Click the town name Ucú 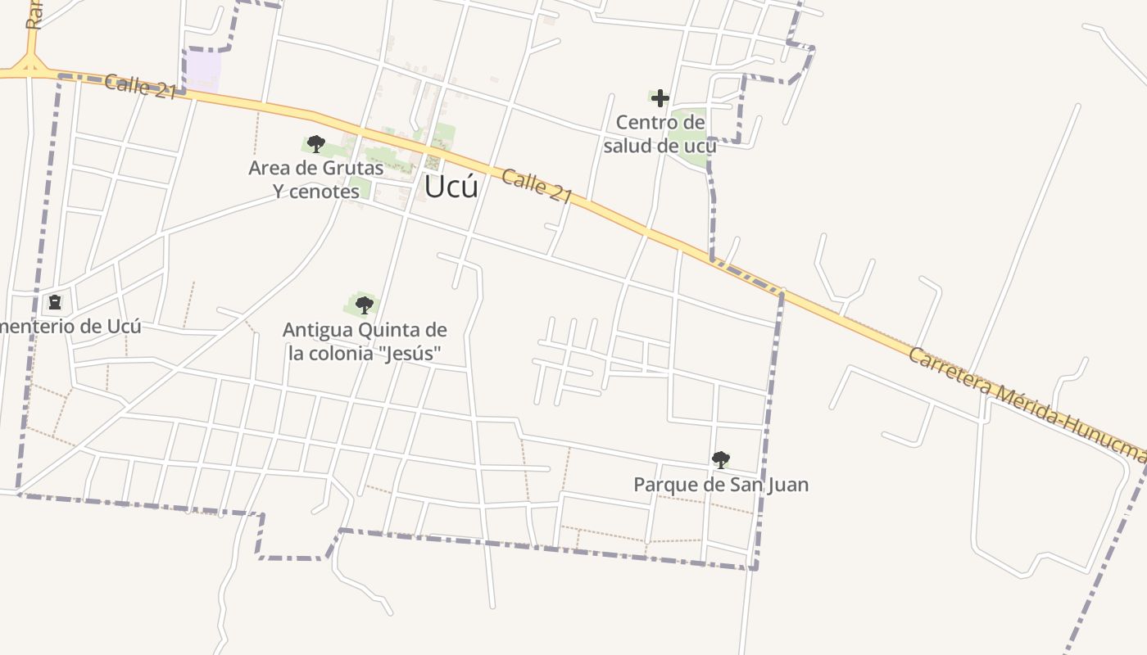coord(451,187)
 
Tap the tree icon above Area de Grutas coord(316,145)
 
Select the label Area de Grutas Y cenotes coord(316,179)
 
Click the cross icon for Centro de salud coord(660,99)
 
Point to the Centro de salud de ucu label coord(660,134)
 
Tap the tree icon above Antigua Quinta coord(365,305)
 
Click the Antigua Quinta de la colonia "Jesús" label coord(365,341)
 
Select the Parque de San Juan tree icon coord(721,460)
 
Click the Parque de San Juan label coord(721,485)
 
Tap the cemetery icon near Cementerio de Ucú coord(55,303)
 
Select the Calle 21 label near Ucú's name coord(537,187)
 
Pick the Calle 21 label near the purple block coord(141,86)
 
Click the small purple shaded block coord(203,69)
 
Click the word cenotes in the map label coord(327,192)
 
